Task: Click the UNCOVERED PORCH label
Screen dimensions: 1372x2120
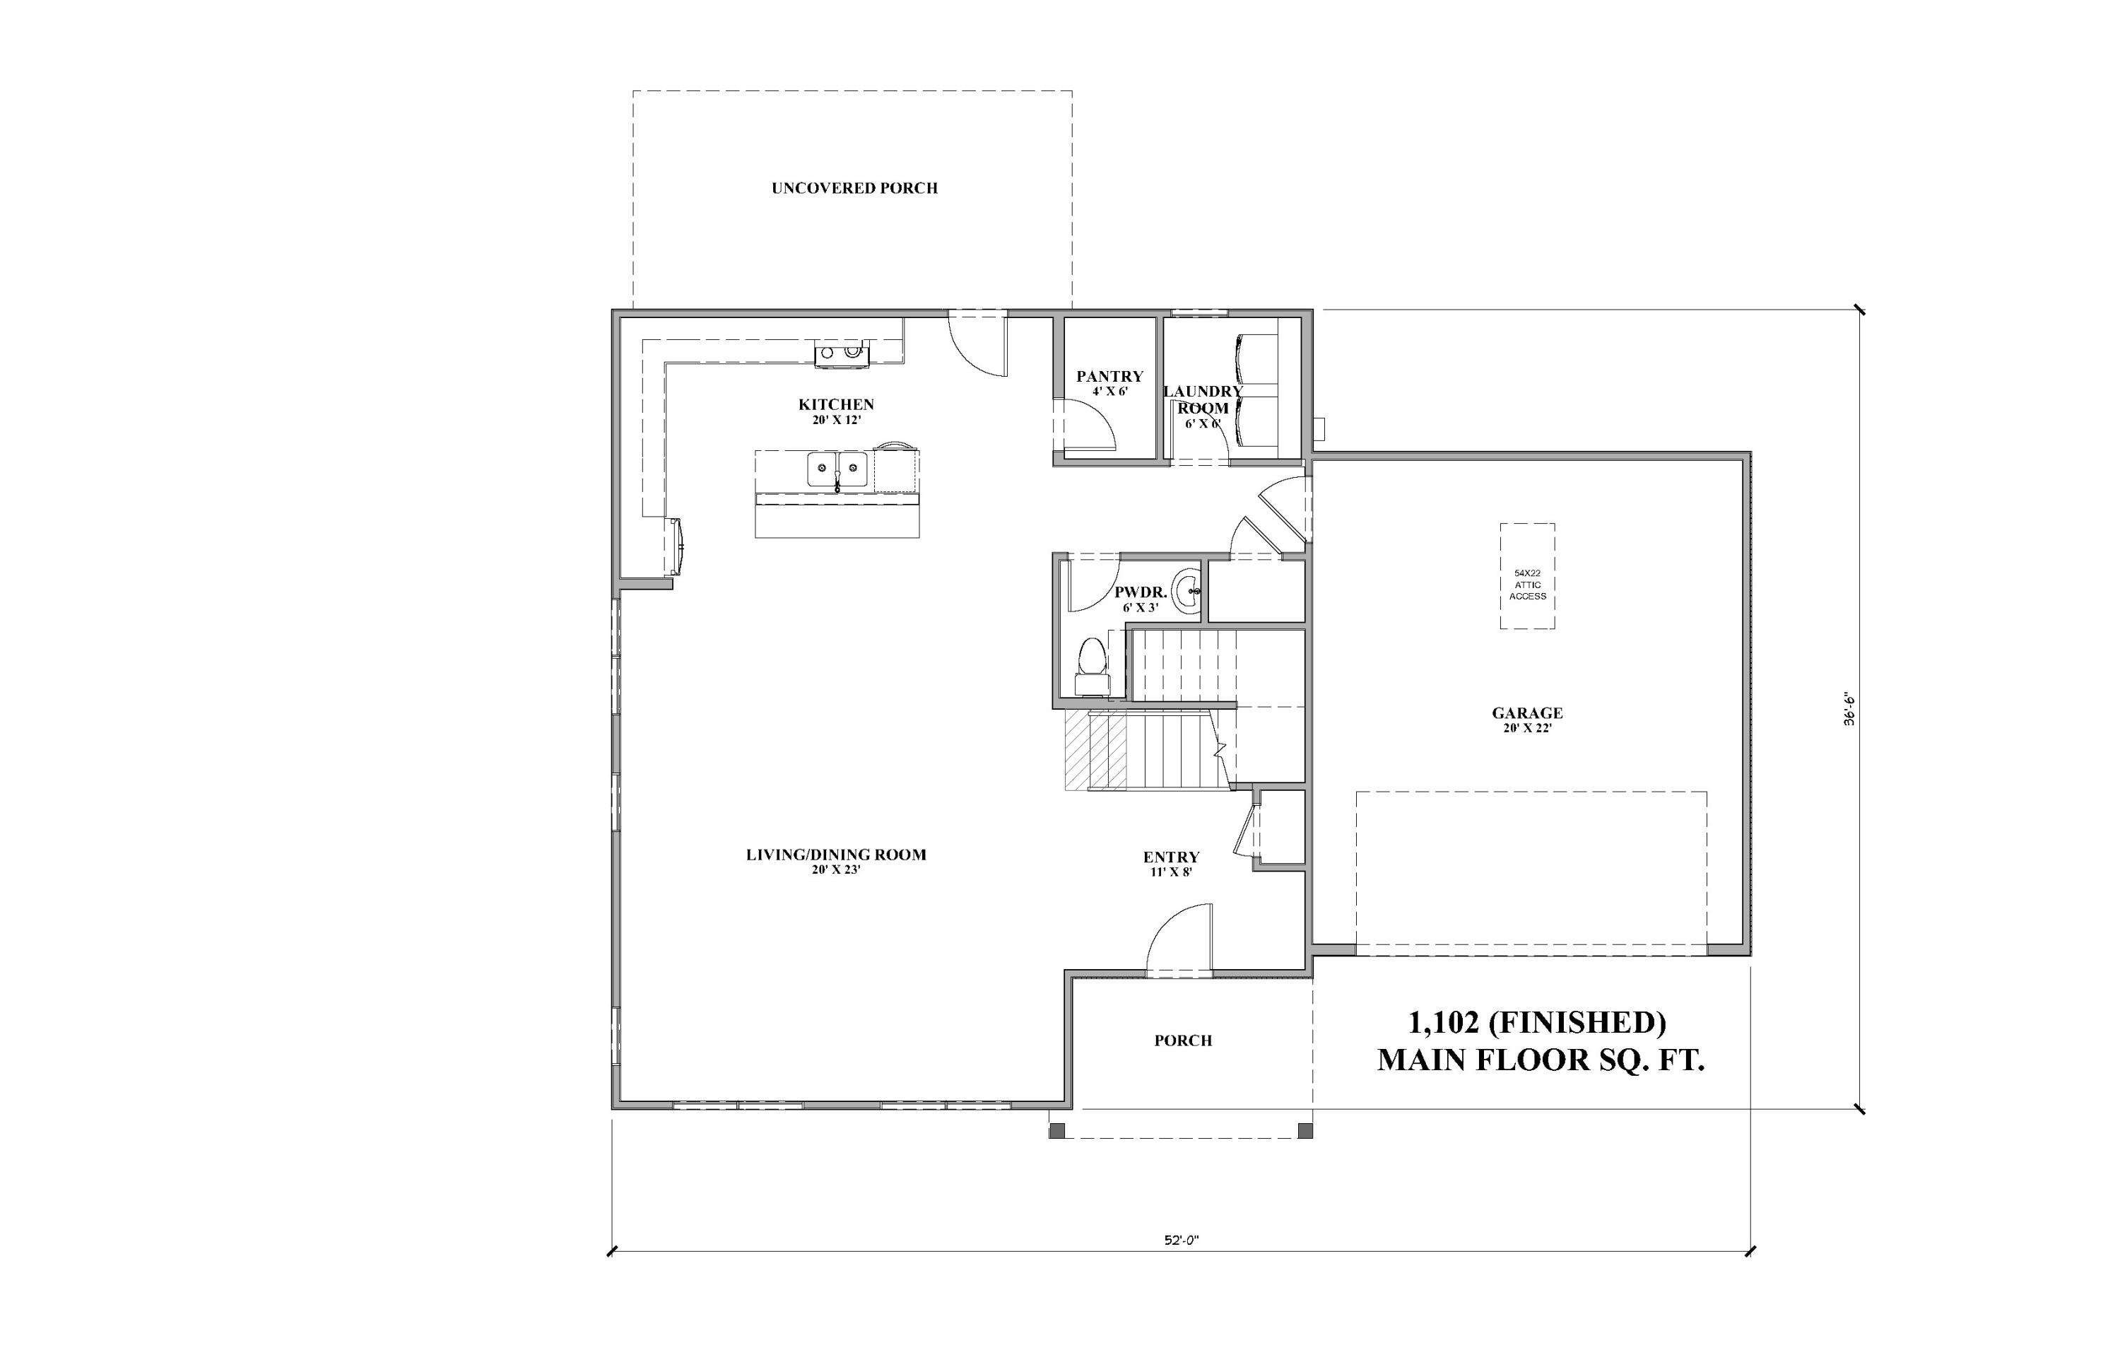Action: click(854, 188)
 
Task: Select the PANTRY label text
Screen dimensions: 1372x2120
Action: click(1109, 377)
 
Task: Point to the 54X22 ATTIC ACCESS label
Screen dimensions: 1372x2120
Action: click(1527, 585)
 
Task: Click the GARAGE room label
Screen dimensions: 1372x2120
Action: click(1527, 713)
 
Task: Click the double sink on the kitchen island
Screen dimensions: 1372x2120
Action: click(837, 468)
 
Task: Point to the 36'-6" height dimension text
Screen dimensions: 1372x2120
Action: click(1849, 708)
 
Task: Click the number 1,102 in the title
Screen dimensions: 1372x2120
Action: click(1442, 1022)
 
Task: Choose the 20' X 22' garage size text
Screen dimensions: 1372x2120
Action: click(1527, 729)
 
